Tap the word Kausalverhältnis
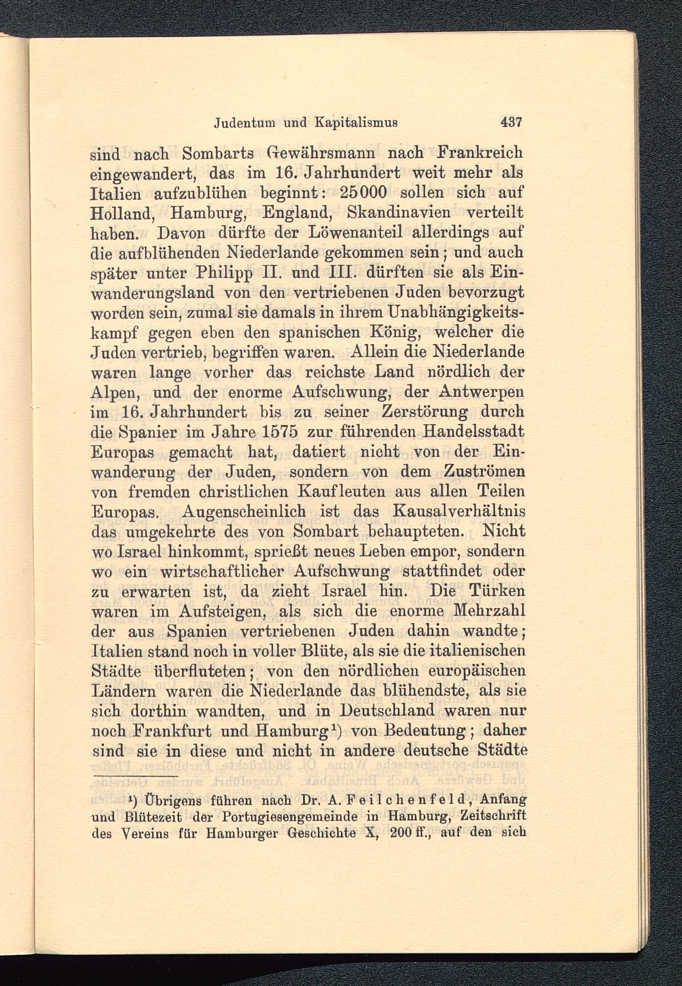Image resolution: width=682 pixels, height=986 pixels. pyautogui.click(x=459, y=512)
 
